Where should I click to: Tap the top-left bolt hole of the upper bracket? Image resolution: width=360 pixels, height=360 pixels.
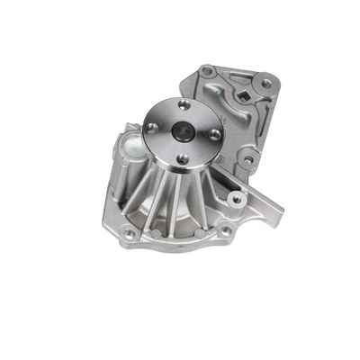(208, 70)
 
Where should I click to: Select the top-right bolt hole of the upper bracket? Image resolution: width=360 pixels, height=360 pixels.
(265, 84)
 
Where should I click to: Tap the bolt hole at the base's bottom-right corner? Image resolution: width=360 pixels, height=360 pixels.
(226, 229)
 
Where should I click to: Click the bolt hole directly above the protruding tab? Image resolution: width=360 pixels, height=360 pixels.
(238, 197)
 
